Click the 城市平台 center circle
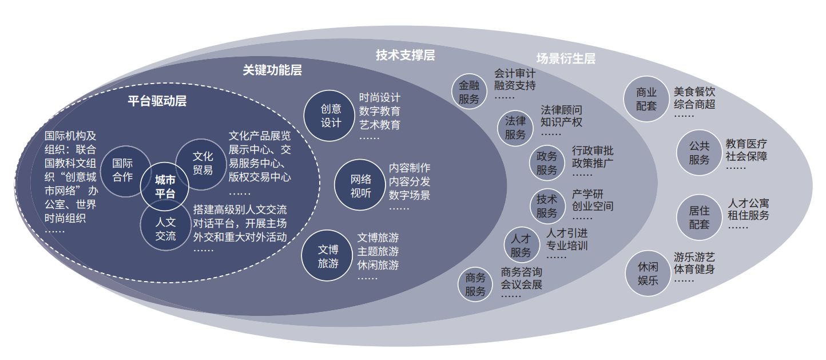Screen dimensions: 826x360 point(165,187)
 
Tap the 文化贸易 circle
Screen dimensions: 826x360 point(202,164)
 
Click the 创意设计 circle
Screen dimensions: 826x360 point(329,116)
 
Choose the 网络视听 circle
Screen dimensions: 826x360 point(360,185)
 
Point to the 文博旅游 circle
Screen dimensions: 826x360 point(327,256)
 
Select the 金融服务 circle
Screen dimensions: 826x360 point(469,92)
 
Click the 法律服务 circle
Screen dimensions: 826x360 point(515,128)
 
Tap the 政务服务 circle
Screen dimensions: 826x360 point(547,163)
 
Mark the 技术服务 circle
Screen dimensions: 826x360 point(547,206)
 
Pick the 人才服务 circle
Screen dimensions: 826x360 point(522,245)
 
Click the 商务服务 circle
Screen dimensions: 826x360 point(475,284)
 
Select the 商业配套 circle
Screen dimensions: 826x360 point(646,99)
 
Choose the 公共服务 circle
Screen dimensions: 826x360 point(699,152)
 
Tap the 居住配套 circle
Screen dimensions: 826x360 point(699,217)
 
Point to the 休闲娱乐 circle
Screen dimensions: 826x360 point(648,274)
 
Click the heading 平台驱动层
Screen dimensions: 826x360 point(157,101)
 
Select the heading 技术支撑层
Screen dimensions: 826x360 point(405,56)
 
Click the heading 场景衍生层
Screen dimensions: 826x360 point(566,58)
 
